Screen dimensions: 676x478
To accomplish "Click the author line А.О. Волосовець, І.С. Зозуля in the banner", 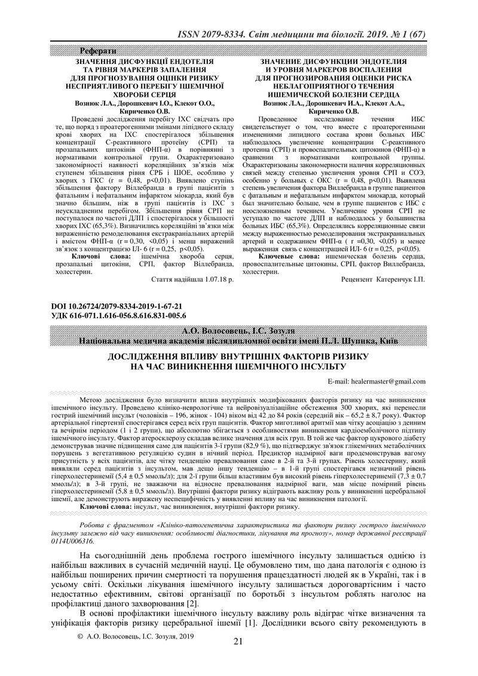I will click(x=238, y=331).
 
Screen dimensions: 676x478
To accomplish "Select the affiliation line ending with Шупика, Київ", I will click(x=238, y=340).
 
